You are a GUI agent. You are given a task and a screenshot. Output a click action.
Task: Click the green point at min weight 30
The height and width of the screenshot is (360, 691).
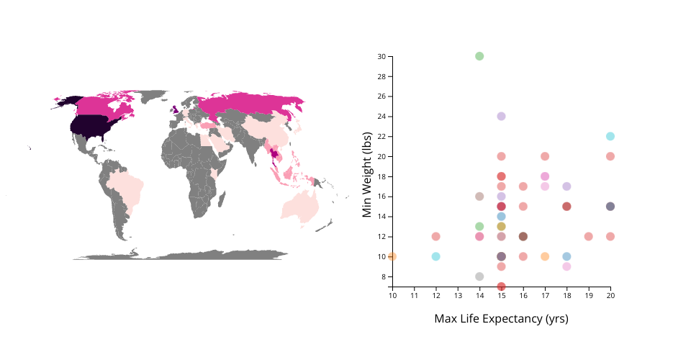click(479, 56)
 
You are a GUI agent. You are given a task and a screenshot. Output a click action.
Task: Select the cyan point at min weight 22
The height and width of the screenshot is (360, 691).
click(610, 136)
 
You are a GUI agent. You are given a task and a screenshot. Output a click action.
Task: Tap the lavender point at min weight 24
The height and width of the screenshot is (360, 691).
click(501, 116)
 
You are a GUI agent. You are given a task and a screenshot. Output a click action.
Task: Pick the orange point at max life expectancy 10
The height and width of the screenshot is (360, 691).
click(392, 256)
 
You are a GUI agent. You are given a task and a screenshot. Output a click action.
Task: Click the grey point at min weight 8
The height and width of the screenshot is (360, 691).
click(479, 276)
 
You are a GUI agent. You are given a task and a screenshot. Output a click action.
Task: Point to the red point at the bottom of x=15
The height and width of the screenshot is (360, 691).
click(501, 287)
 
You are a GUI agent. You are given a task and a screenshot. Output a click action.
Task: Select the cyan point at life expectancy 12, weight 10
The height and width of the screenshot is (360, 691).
click(436, 256)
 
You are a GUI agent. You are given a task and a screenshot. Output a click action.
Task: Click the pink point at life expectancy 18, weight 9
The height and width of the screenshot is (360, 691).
click(566, 266)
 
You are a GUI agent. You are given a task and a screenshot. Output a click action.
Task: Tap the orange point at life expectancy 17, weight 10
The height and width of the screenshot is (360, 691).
click(545, 256)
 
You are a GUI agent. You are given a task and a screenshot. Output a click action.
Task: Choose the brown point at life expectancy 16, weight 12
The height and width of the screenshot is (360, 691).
click(523, 236)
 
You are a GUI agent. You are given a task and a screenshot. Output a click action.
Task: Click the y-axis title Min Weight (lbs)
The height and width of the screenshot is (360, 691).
click(368, 174)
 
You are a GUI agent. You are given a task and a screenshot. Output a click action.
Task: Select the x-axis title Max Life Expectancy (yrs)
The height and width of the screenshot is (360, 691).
click(501, 318)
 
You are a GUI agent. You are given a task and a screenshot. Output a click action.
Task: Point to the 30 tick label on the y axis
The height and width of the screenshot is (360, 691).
click(381, 56)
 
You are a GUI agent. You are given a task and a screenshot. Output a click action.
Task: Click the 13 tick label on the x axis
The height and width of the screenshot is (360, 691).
click(458, 295)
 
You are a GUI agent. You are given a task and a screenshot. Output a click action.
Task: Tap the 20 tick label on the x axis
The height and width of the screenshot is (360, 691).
click(610, 295)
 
